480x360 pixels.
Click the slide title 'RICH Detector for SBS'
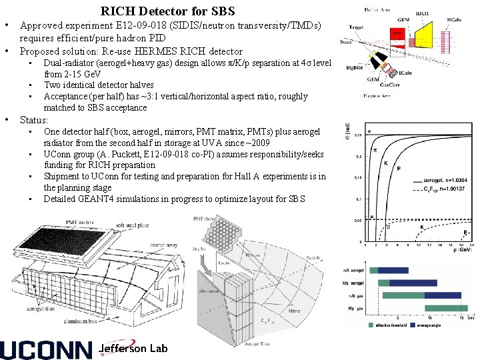click(168, 11)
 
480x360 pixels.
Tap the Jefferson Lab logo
click(132, 349)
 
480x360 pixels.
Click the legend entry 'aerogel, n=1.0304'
click(449, 181)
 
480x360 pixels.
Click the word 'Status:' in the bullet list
click(34, 120)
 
